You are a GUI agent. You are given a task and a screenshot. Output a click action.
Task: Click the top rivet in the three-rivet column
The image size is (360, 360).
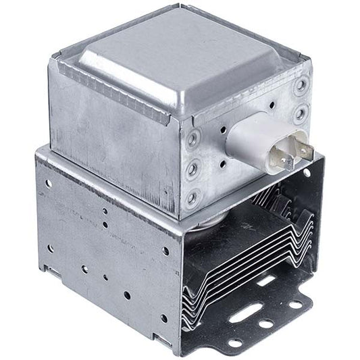[195, 140]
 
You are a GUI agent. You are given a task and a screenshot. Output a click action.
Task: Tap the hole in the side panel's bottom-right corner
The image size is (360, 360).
[163, 318]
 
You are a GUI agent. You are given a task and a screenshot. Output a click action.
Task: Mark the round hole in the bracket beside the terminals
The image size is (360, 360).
[307, 174]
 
